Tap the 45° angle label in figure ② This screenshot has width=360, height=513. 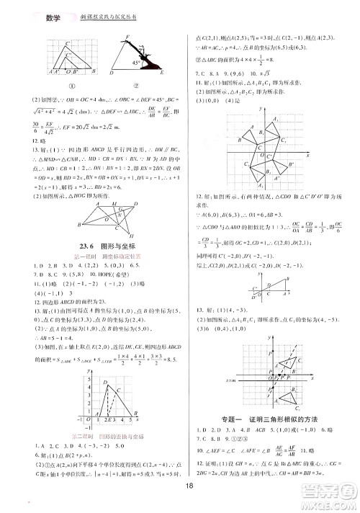(135, 63)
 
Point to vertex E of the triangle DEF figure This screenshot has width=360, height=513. (161, 74)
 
